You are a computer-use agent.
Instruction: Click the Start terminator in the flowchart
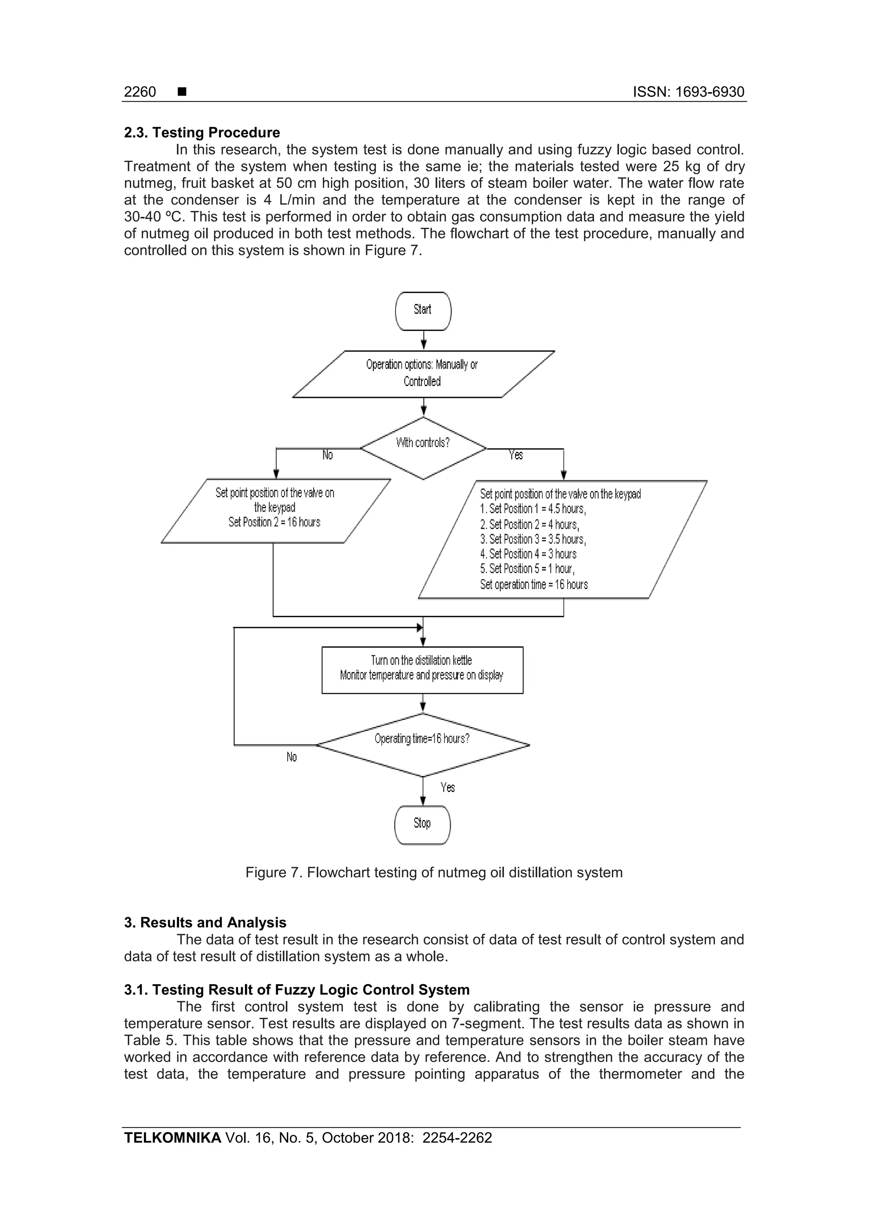pyautogui.click(x=423, y=311)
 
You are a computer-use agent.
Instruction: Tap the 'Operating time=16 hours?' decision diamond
pyautogui.click(x=423, y=744)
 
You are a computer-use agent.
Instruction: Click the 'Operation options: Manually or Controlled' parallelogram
pyautogui.click(x=423, y=374)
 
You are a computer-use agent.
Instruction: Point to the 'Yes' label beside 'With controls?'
pyautogui.click(x=516, y=455)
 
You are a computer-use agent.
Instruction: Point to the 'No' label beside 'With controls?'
pyautogui.click(x=328, y=455)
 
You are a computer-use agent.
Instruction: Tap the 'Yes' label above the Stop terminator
pyautogui.click(x=448, y=787)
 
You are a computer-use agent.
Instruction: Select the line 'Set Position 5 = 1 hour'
pyautogui.click(x=527, y=568)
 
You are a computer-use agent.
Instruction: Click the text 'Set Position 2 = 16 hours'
pyautogui.click(x=274, y=522)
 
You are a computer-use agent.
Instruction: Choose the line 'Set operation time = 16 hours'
pyautogui.click(x=534, y=585)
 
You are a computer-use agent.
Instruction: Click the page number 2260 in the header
pyautogui.click(x=140, y=92)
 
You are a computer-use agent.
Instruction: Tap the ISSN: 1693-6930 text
pyautogui.click(x=689, y=92)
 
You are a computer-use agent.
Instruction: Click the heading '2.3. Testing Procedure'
pyautogui.click(x=202, y=133)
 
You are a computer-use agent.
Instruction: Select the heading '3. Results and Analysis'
pyautogui.click(x=205, y=922)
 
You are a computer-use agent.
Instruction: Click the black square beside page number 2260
pyautogui.click(x=182, y=92)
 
